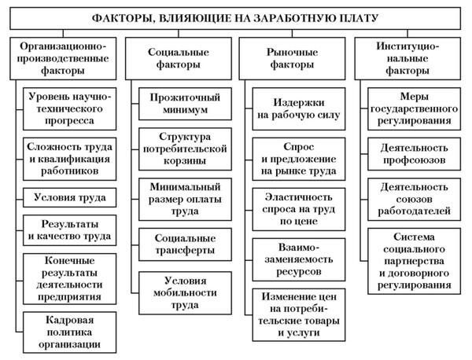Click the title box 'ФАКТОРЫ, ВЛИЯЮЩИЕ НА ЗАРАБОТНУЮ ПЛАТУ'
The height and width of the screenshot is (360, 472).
(235, 17)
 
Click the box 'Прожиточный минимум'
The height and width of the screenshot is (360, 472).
(185, 104)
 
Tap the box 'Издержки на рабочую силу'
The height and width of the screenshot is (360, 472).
(296, 109)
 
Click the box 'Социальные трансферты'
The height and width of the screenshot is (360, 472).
(185, 244)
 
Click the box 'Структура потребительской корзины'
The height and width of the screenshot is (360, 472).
(185, 148)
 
